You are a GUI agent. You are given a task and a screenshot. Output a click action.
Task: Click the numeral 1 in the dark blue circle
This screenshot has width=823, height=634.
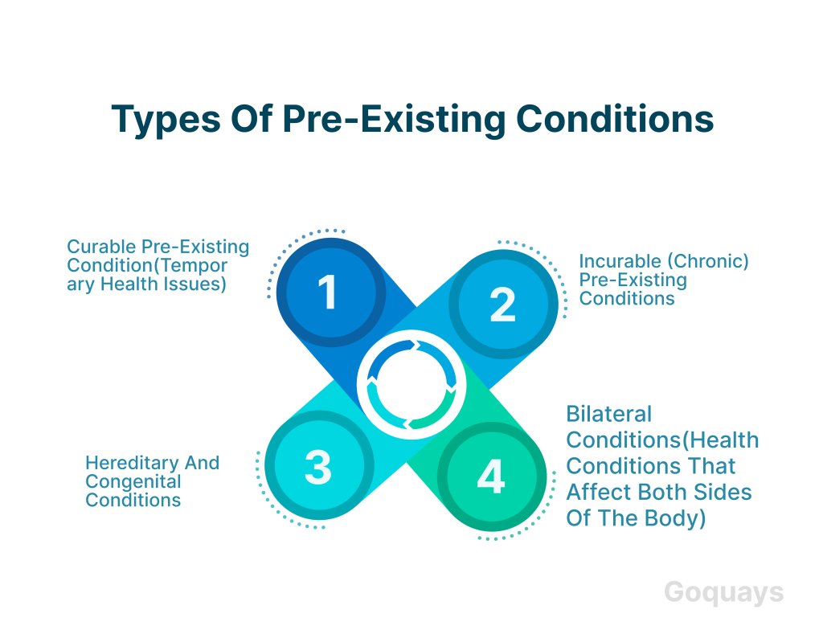point(328,292)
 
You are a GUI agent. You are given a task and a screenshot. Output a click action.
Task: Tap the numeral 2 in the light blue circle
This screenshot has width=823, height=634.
point(502,305)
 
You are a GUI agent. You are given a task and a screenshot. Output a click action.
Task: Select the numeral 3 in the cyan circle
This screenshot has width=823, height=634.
point(318,467)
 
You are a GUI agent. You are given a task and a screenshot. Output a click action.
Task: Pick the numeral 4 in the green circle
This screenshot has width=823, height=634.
point(491,476)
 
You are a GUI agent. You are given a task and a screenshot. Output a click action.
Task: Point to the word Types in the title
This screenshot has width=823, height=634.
point(166,120)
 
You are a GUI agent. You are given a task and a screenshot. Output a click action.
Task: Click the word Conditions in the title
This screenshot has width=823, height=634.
point(615,119)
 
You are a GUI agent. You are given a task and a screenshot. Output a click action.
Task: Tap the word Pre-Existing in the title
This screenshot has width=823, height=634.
point(393,120)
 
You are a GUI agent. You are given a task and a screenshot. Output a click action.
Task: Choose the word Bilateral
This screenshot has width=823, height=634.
point(609,414)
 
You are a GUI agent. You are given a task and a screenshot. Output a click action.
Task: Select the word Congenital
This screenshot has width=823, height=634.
point(133,482)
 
